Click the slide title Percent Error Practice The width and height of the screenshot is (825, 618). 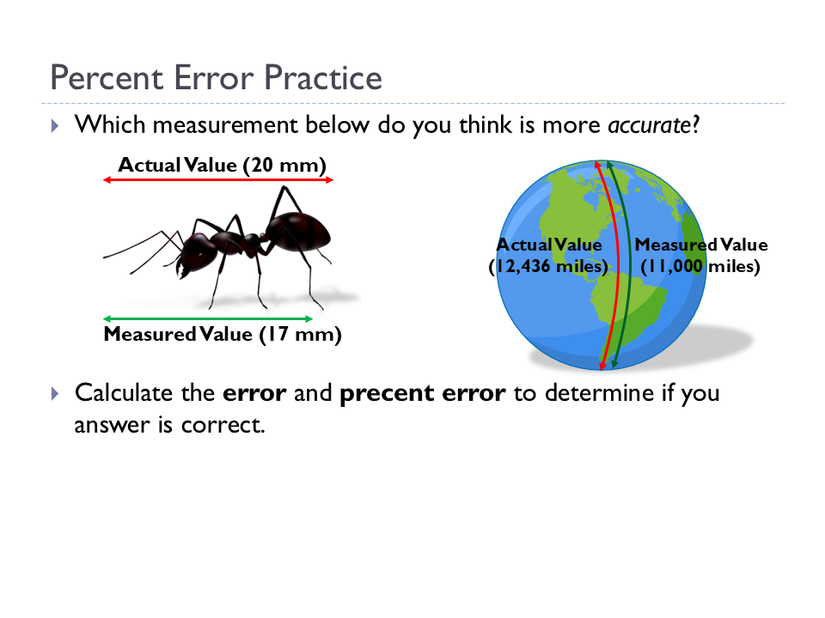[x=216, y=78]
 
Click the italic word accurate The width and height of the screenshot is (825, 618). [x=648, y=125]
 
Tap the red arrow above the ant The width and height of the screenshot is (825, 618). [x=217, y=179]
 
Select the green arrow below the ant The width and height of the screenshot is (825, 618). [x=209, y=319]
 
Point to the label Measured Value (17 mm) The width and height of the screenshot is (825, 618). [x=223, y=335]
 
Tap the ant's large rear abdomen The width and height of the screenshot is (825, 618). [x=297, y=230]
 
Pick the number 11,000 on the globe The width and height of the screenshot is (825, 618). [x=673, y=267]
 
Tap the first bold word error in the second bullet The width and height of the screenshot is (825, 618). [x=254, y=394]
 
